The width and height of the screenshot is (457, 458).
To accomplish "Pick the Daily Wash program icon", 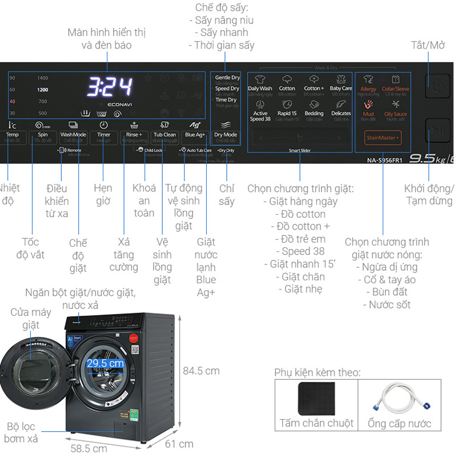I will coord(260,83).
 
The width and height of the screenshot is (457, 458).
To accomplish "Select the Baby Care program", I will coord(340,83).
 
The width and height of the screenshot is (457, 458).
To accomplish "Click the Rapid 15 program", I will coord(287,108).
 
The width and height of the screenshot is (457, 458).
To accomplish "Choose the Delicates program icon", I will coord(341,108).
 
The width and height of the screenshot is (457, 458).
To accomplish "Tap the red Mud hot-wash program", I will coord(368,108).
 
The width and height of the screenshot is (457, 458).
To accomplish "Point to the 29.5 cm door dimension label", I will coord(105,363).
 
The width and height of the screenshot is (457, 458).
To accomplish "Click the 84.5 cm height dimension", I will coord(201,371).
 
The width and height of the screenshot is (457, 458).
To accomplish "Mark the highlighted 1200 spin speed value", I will coord(43,90).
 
